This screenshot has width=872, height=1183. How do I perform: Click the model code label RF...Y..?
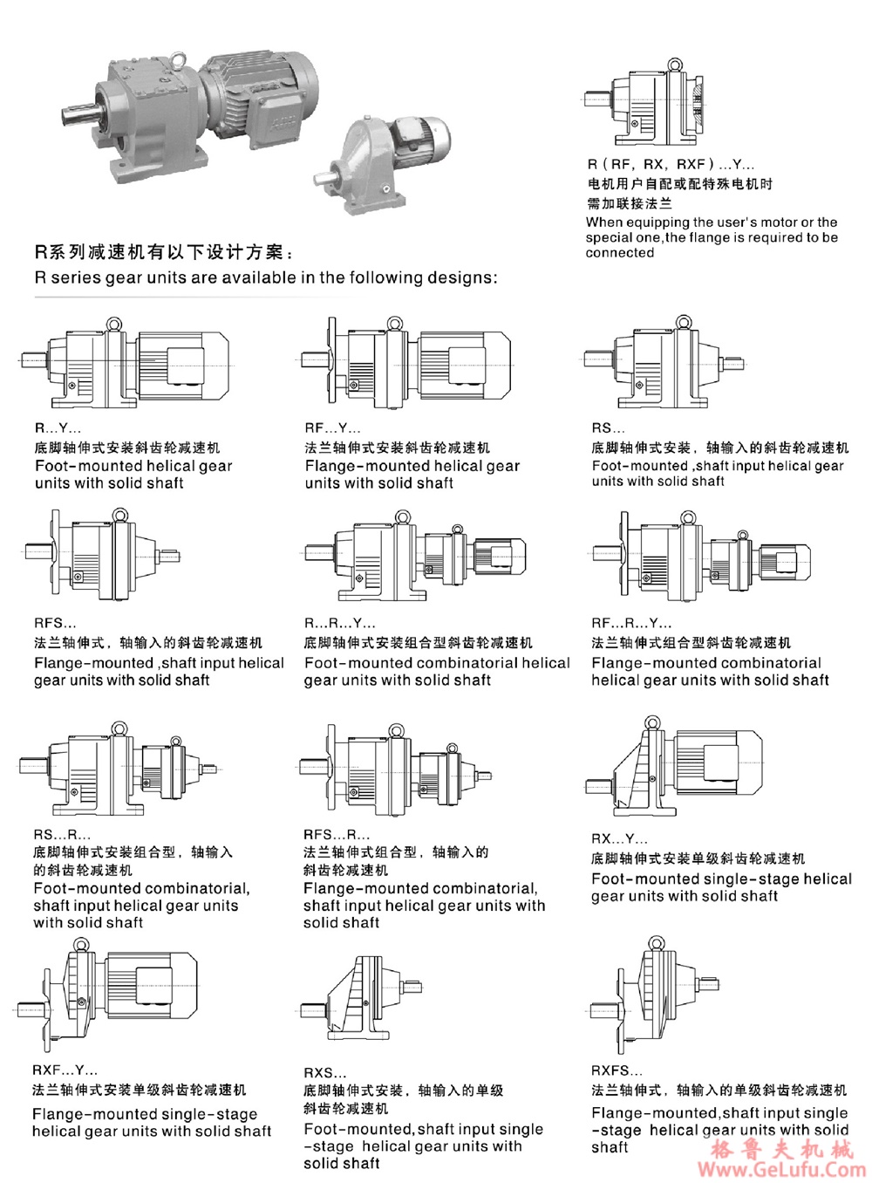pos(332,427)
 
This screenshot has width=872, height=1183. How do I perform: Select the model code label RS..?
pos(608,427)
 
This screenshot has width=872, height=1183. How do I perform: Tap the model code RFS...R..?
pos(336,834)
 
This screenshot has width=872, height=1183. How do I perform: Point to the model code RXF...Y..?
pos(65,1070)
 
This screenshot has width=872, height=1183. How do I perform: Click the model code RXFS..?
pos(617,1070)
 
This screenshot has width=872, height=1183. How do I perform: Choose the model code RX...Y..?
pos(619,838)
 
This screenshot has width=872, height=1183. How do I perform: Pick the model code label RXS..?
pos(324,1072)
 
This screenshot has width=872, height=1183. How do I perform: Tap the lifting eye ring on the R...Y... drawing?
pos(114,325)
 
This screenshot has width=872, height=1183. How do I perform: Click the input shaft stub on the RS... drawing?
pos(732,361)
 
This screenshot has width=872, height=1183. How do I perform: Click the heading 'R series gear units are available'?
pos(265,277)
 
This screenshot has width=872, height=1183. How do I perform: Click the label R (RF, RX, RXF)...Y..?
pos(671,164)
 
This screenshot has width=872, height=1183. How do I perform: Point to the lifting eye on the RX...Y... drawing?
pos(651,722)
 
